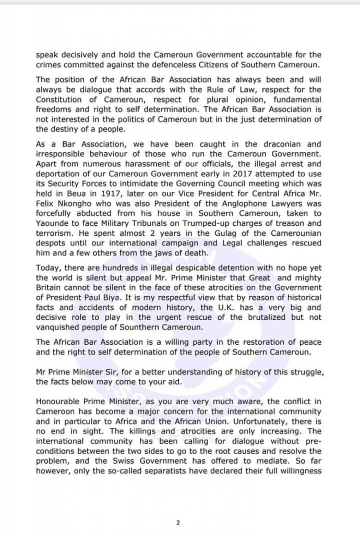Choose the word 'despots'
tap(52, 244)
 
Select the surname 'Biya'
tap(133, 298)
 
